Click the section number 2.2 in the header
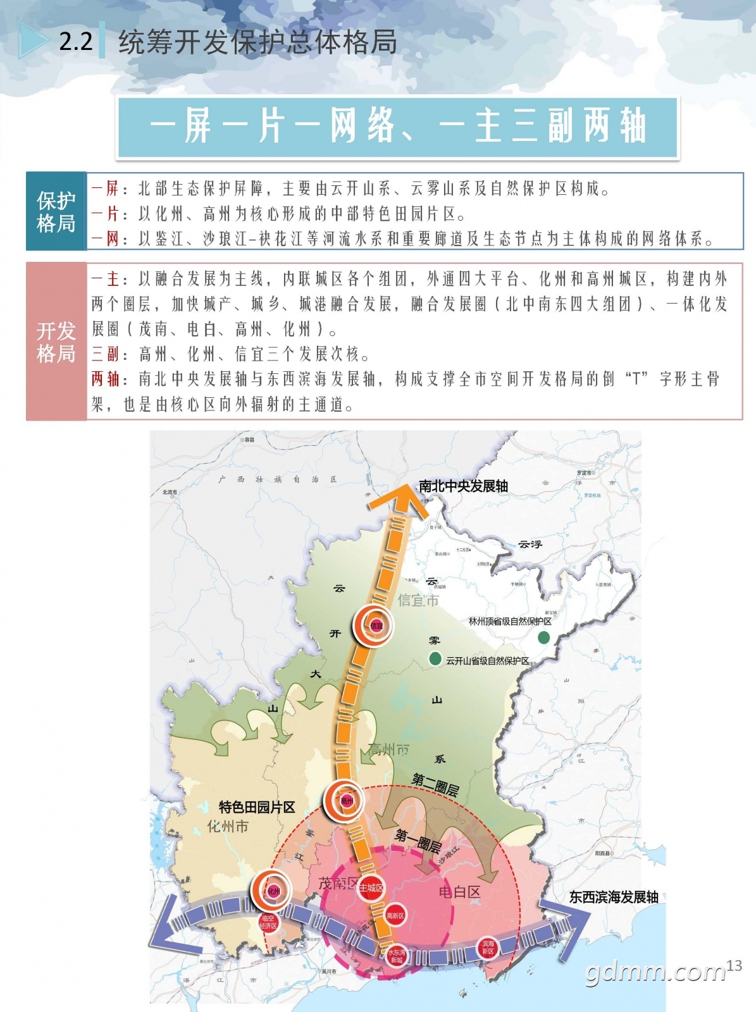coord(76,42)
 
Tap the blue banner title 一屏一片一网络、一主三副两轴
coord(397,126)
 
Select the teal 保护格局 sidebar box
coord(56,211)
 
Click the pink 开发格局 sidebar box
coord(56,342)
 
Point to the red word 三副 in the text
coord(105,354)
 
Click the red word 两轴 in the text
coord(105,379)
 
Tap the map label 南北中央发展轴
coord(463,486)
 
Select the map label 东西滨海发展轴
coord(614,897)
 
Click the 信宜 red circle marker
coord(376,626)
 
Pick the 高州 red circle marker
coord(346,801)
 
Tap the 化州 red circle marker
coord(273,891)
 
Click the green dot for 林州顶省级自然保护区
coord(543,638)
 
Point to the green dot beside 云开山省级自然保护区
coord(435,659)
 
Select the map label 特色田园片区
coord(257,807)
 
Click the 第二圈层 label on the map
coord(435,784)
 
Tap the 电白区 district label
coord(460,892)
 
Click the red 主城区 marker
coord(371,887)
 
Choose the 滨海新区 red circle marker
coord(488,947)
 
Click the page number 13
coord(734,966)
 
